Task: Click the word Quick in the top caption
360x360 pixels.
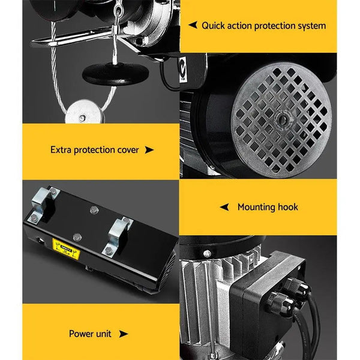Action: [x=213, y=26]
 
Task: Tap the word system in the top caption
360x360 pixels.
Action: [x=310, y=26]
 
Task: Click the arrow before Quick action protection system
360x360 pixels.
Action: [x=193, y=25]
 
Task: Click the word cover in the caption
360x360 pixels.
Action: [x=127, y=149]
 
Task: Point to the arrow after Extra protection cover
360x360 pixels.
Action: [x=149, y=149]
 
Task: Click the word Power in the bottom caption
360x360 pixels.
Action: [x=82, y=333]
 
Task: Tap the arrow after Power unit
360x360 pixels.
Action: [x=124, y=333]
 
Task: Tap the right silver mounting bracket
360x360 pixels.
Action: [x=119, y=236]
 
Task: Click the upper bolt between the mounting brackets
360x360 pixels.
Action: [x=93, y=210]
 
